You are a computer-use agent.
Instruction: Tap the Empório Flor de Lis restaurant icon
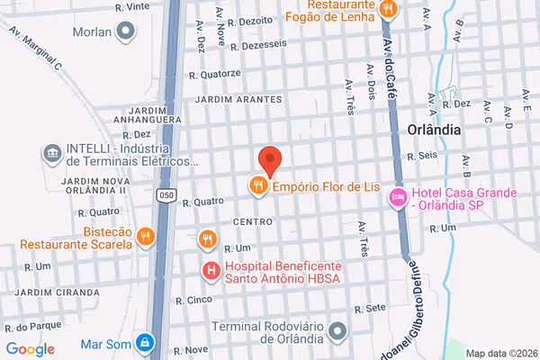(258, 186)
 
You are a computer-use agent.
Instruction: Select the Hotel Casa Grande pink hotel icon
(398, 197)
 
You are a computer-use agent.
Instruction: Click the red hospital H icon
(211, 269)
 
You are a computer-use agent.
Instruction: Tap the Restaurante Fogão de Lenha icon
(388, 9)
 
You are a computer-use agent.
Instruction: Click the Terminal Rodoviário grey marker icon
(337, 330)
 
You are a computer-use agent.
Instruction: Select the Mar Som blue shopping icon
(144, 343)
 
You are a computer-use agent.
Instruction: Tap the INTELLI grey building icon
(52, 153)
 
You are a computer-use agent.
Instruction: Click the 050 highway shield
(164, 194)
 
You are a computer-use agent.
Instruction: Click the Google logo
(30, 349)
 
